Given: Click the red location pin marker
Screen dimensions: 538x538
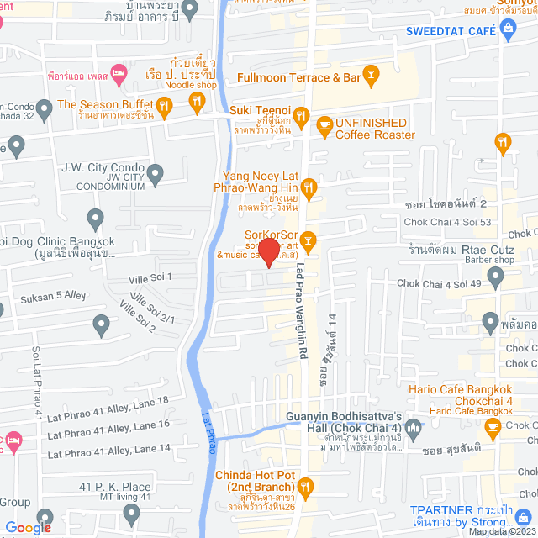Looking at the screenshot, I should [268, 251].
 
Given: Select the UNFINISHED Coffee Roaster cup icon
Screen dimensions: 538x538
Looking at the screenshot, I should [324, 124].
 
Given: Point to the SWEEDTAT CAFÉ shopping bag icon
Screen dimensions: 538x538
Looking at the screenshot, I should [507, 29].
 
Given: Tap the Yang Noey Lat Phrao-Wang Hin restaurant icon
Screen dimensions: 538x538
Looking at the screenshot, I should [308, 185].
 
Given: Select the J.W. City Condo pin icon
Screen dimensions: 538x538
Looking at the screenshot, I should [155, 175].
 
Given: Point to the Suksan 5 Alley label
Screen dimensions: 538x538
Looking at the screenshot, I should [53, 295].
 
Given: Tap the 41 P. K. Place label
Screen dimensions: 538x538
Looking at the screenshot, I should [115, 487].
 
